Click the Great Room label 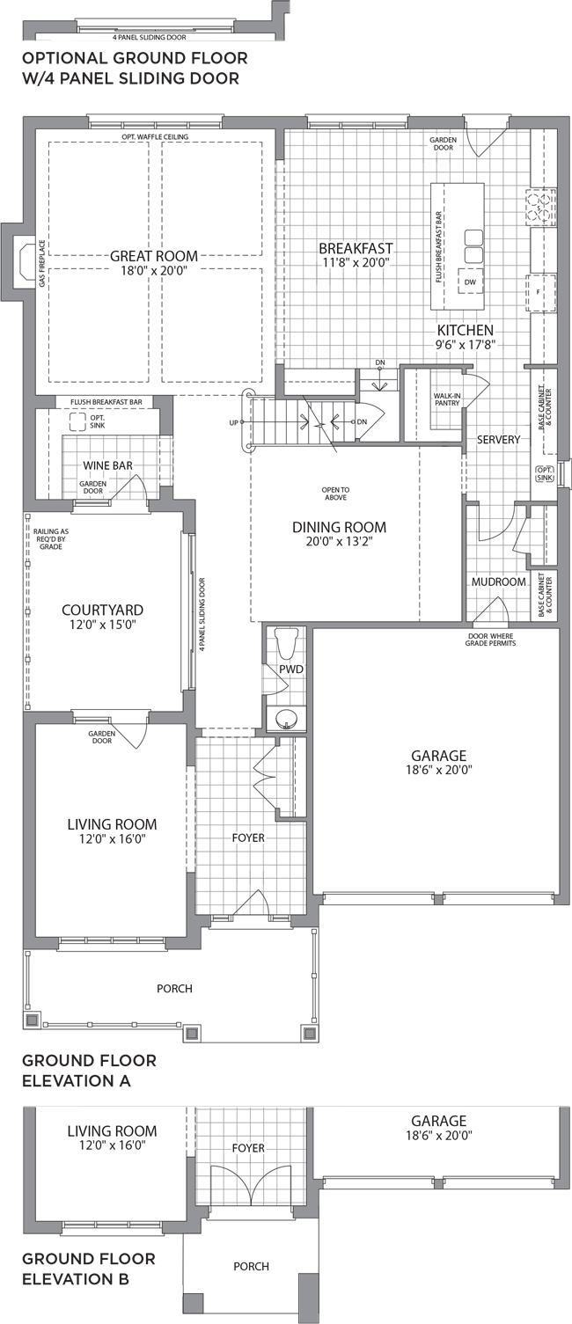(154, 256)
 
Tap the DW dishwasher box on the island (470, 282)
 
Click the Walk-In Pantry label (447, 399)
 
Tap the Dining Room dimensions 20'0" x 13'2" (340, 541)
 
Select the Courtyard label (102, 610)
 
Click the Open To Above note (335, 494)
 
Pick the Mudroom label (499, 582)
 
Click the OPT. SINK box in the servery (544, 473)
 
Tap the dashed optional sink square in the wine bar (77, 421)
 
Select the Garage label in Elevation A (439, 756)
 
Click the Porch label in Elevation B (252, 1267)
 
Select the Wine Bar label (107, 465)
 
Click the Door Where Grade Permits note (490, 640)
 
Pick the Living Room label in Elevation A (112, 824)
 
